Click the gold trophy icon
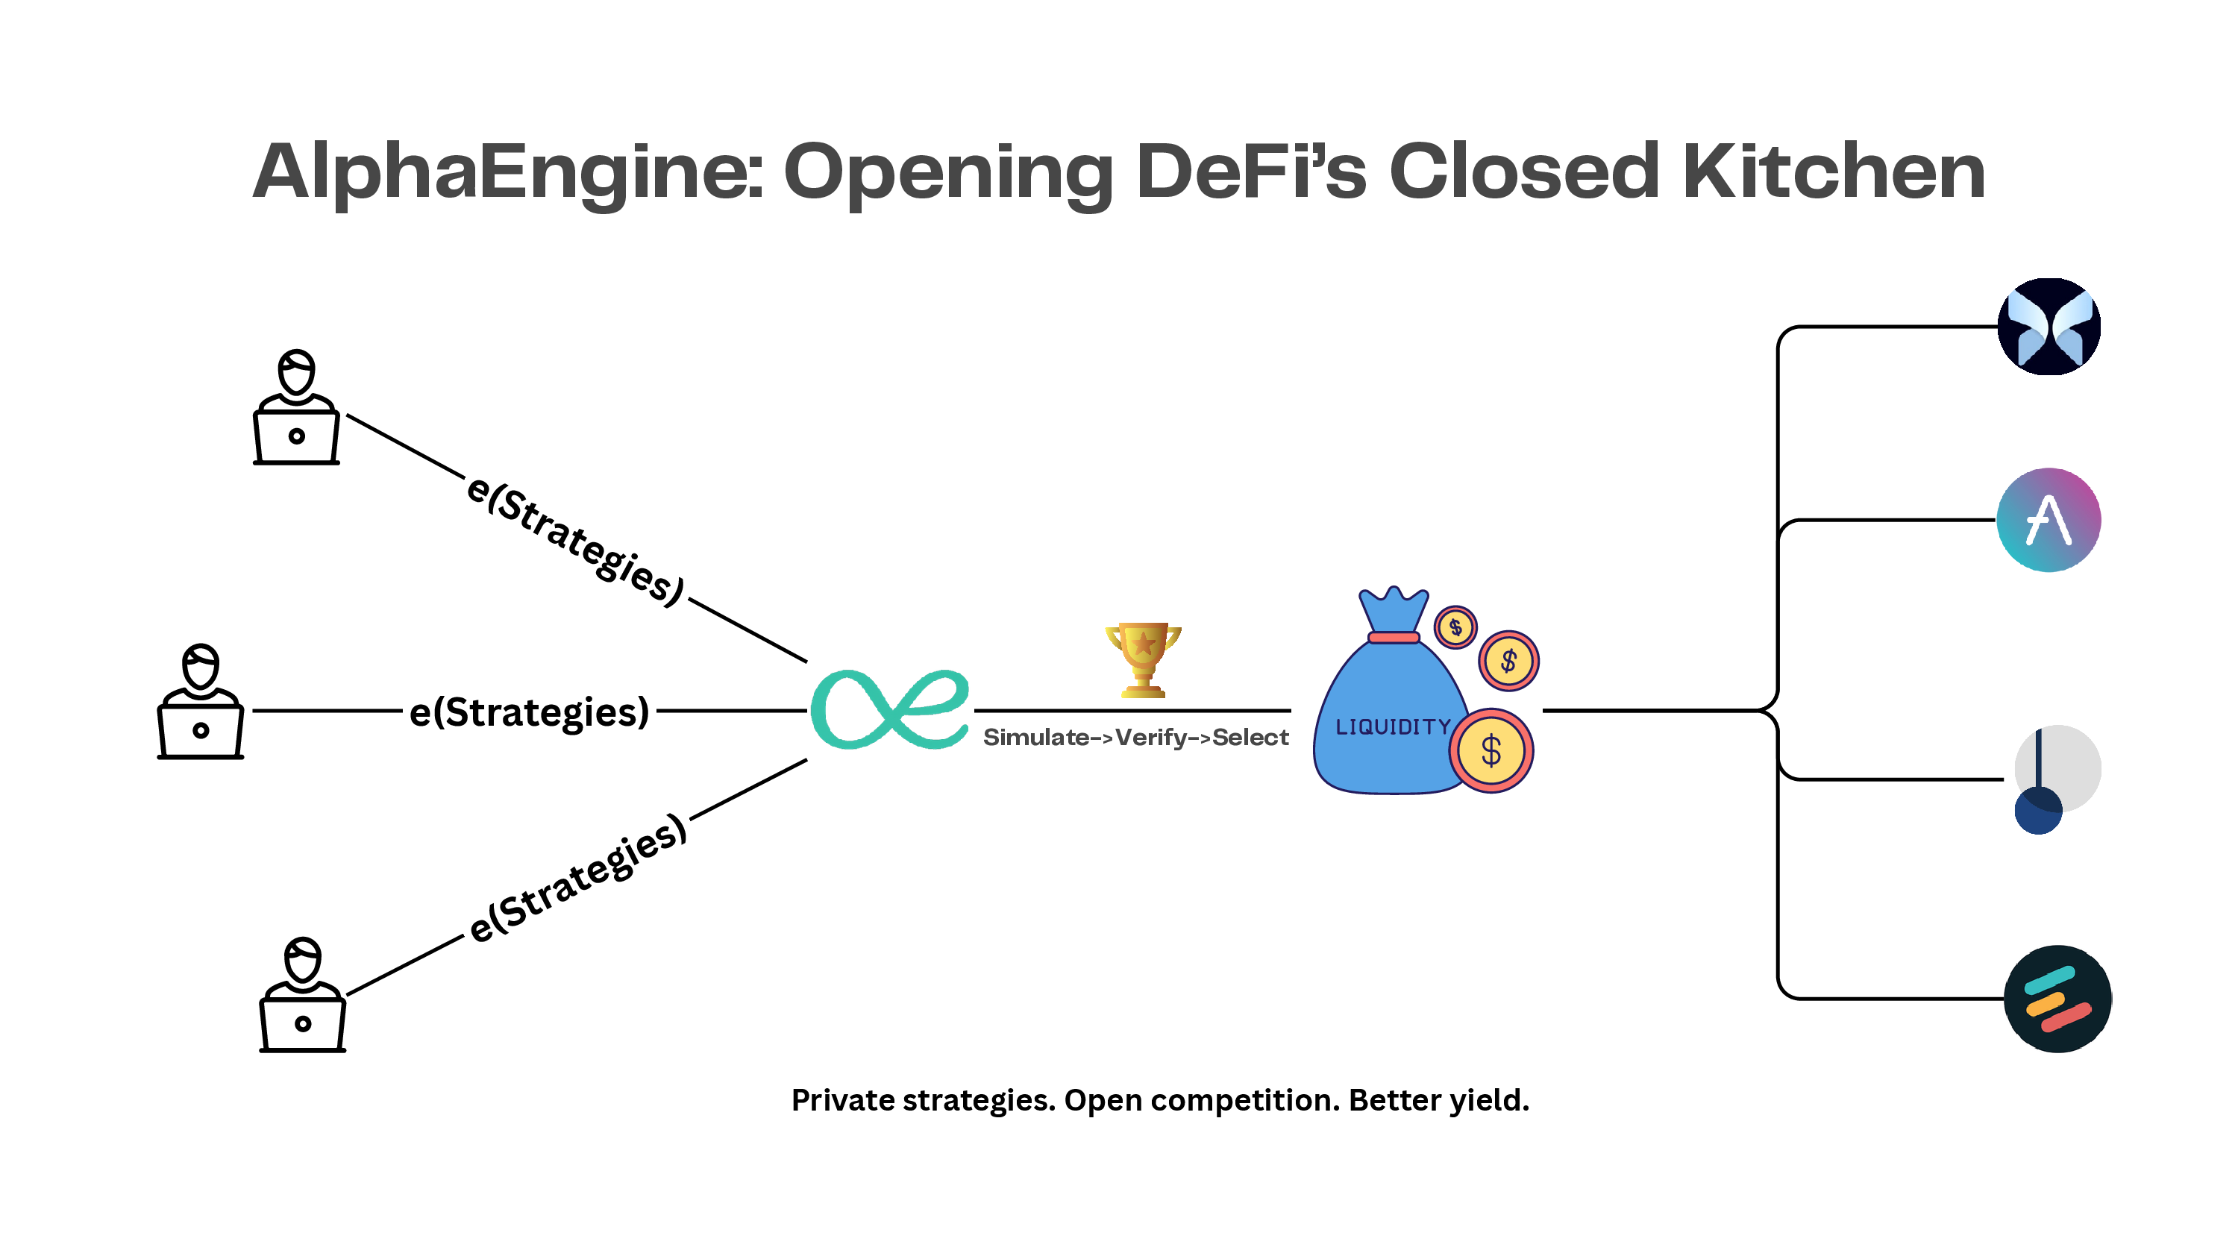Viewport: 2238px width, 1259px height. tap(1142, 659)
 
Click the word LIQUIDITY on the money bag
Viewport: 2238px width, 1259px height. tap(1393, 726)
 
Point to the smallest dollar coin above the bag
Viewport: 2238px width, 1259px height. tap(1455, 627)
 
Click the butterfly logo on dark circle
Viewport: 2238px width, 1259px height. tap(2049, 327)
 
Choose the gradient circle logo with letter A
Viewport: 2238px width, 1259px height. tap(2049, 520)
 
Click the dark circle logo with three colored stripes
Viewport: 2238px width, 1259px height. tap(2057, 999)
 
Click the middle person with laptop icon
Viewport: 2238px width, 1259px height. tap(201, 701)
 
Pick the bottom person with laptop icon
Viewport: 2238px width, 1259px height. tap(302, 995)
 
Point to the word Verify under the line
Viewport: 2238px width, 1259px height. tap(1150, 738)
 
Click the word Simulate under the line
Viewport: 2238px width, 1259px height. tap(1035, 738)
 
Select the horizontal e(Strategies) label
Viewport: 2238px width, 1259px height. tap(529, 712)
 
